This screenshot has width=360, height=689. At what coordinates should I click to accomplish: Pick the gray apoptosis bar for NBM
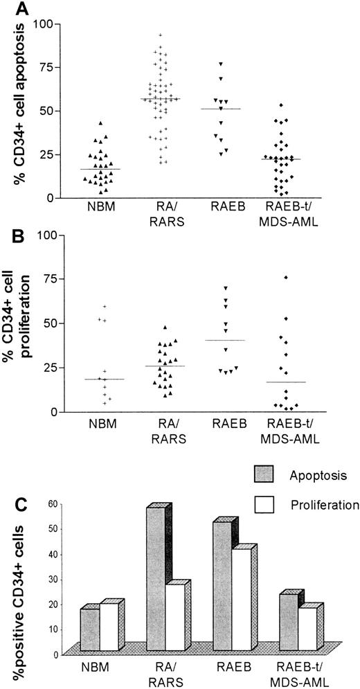(x=89, y=629)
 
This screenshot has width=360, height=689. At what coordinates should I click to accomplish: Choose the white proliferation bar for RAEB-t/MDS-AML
(x=307, y=628)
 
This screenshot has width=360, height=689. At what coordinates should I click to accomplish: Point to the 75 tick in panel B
(x=47, y=278)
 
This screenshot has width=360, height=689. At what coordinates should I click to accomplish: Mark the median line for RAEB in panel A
(x=220, y=109)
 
